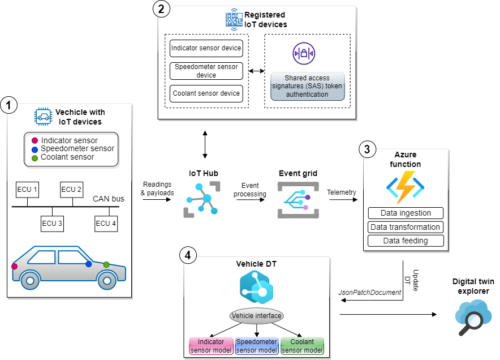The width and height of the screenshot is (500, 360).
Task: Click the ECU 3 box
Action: (52, 223)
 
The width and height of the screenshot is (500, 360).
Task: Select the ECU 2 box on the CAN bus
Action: (71, 189)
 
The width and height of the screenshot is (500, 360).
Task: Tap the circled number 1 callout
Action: (9, 104)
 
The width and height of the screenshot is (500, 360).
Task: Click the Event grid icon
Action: (298, 201)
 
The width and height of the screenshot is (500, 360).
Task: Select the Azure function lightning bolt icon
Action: (405, 187)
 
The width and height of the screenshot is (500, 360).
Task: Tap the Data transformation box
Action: (405, 227)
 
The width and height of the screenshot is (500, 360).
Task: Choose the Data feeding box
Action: (405, 241)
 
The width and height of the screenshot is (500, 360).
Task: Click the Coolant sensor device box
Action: (206, 93)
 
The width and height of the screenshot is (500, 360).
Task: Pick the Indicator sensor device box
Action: (206, 48)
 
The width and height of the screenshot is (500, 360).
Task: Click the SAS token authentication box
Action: (307, 86)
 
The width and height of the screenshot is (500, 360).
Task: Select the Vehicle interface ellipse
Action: (256, 315)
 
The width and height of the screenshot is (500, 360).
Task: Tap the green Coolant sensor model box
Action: (302, 346)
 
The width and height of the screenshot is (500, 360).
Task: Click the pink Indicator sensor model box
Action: (210, 346)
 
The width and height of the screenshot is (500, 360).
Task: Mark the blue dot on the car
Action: (88, 264)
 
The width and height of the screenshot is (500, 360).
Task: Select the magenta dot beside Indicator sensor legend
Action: (34, 140)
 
